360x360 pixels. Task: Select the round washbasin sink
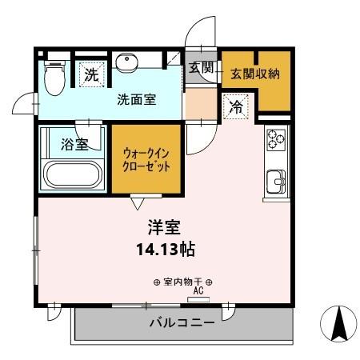pyautogui.click(x=126, y=63)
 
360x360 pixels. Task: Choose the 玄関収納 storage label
pyautogui.click(x=255, y=74)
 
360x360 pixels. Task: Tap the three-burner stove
pyautogui.click(x=276, y=139)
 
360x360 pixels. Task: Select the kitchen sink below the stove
pyautogui.click(x=277, y=181)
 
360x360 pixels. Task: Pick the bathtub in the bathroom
pyautogui.click(x=72, y=173)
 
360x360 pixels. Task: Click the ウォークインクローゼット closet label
pyautogui.click(x=146, y=158)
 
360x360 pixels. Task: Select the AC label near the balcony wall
pyautogui.click(x=197, y=292)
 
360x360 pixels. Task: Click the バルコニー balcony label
pyautogui.click(x=182, y=323)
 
